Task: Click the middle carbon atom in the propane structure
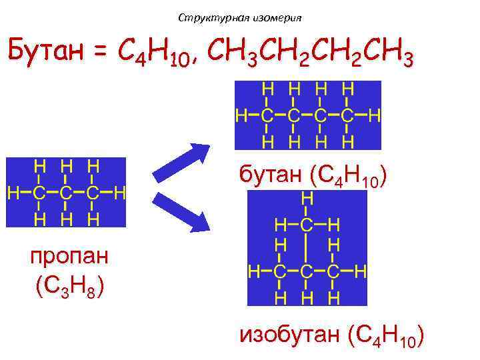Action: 65,193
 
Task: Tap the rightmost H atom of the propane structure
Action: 121,193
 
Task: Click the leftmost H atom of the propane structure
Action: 13,193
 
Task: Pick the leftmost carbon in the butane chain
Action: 267,116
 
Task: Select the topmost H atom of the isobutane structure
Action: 307,199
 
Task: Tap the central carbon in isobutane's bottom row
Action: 307,271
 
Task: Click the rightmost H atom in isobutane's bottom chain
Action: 361,271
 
